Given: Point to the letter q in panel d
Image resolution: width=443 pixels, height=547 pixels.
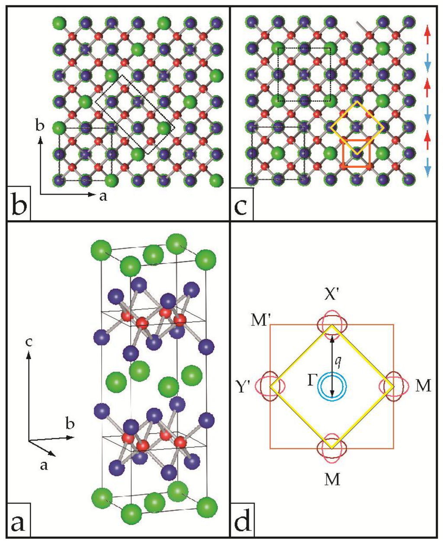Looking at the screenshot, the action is point(339,359).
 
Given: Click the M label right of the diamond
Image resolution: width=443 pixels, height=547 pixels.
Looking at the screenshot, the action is point(423,386).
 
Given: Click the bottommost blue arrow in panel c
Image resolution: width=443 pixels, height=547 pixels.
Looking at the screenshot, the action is point(427,166).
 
